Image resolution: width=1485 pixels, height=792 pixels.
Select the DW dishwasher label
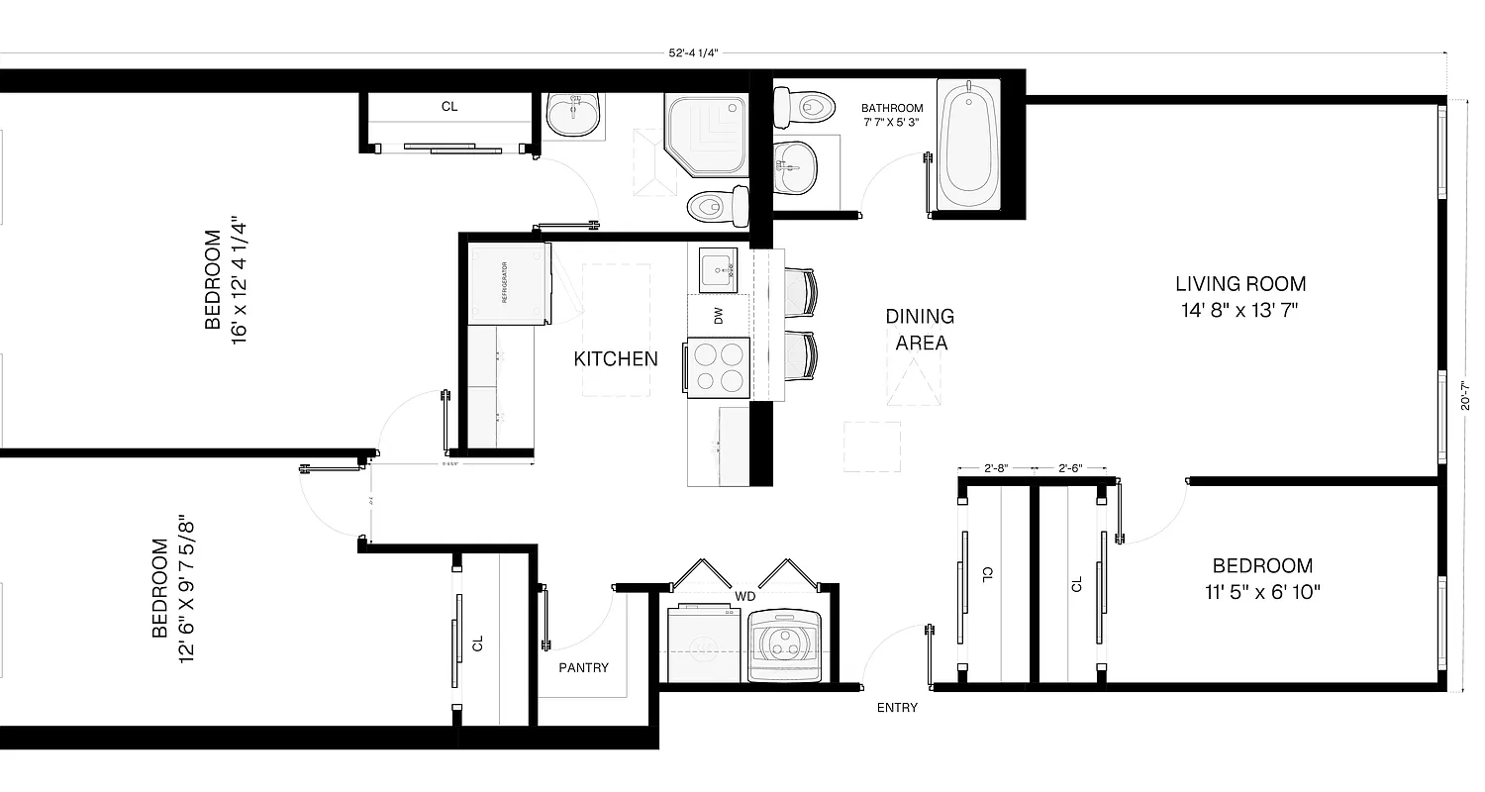point(719,316)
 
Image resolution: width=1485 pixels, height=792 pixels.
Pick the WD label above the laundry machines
point(744,597)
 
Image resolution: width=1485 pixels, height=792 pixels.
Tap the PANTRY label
point(583,667)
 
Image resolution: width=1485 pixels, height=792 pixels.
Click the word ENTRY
point(897,708)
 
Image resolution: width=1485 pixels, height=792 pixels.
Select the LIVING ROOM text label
point(1240,284)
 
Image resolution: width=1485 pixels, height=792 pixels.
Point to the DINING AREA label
point(920,330)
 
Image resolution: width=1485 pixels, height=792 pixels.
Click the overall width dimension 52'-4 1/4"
point(692,53)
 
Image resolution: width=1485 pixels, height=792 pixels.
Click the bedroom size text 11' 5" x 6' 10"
point(1262,592)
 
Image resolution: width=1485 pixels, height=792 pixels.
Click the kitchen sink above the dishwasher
point(716,269)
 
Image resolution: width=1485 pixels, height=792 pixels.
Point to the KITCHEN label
point(616,358)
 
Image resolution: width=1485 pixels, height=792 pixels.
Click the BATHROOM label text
point(891,108)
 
